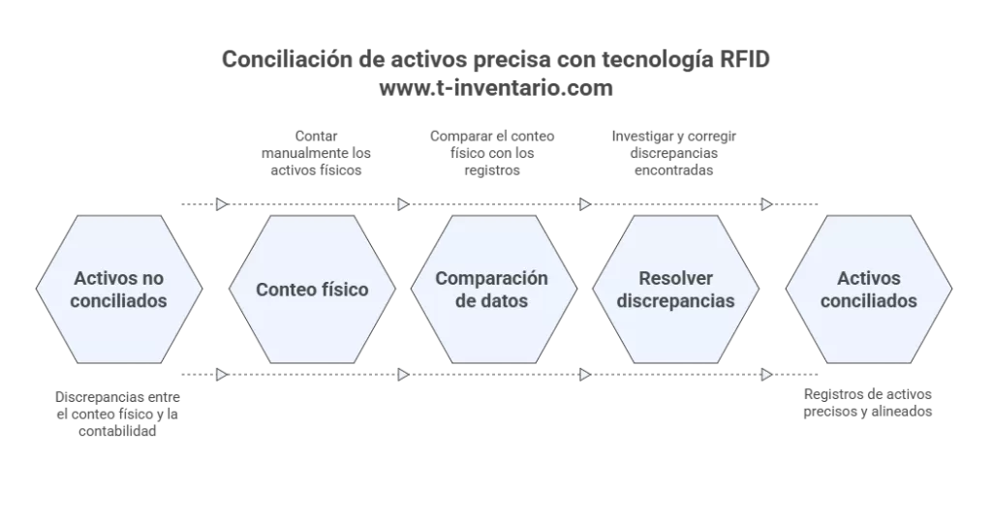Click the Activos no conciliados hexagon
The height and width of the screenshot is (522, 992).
[x=120, y=290]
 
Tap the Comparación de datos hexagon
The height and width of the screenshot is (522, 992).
[x=492, y=290]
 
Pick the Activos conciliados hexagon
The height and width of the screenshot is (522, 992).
[x=869, y=290]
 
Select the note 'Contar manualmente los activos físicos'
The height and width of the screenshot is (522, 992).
[x=317, y=153]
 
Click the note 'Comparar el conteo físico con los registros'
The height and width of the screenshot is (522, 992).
[x=492, y=153]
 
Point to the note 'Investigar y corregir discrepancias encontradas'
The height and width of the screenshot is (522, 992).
[x=673, y=153]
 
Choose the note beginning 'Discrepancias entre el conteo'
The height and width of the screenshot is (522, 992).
[x=118, y=414]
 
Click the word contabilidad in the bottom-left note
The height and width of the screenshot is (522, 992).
[x=118, y=431]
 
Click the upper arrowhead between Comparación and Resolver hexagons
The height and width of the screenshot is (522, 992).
[x=584, y=204]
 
